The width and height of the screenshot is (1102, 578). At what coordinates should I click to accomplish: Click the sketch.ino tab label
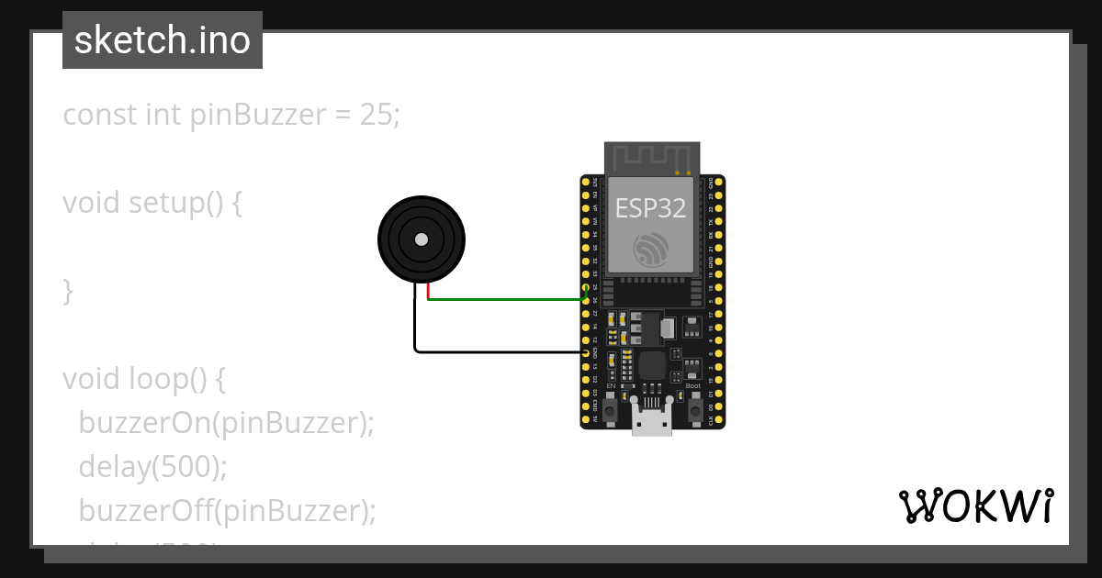(x=163, y=40)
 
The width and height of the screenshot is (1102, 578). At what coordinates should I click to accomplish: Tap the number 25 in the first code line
(x=376, y=115)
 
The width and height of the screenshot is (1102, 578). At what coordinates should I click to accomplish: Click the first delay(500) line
(x=152, y=467)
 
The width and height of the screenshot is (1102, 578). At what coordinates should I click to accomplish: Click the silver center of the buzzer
(x=422, y=239)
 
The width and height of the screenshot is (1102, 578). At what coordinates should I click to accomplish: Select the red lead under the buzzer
(x=428, y=292)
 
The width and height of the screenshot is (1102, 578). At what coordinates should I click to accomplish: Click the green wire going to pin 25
(x=505, y=299)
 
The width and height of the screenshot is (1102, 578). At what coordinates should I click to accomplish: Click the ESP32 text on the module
(x=650, y=208)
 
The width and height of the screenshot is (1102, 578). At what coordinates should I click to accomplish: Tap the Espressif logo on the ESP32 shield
(x=651, y=249)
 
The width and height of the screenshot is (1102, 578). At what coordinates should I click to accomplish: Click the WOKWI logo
(x=975, y=506)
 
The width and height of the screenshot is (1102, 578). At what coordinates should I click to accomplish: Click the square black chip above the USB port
(x=652, y=366)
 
